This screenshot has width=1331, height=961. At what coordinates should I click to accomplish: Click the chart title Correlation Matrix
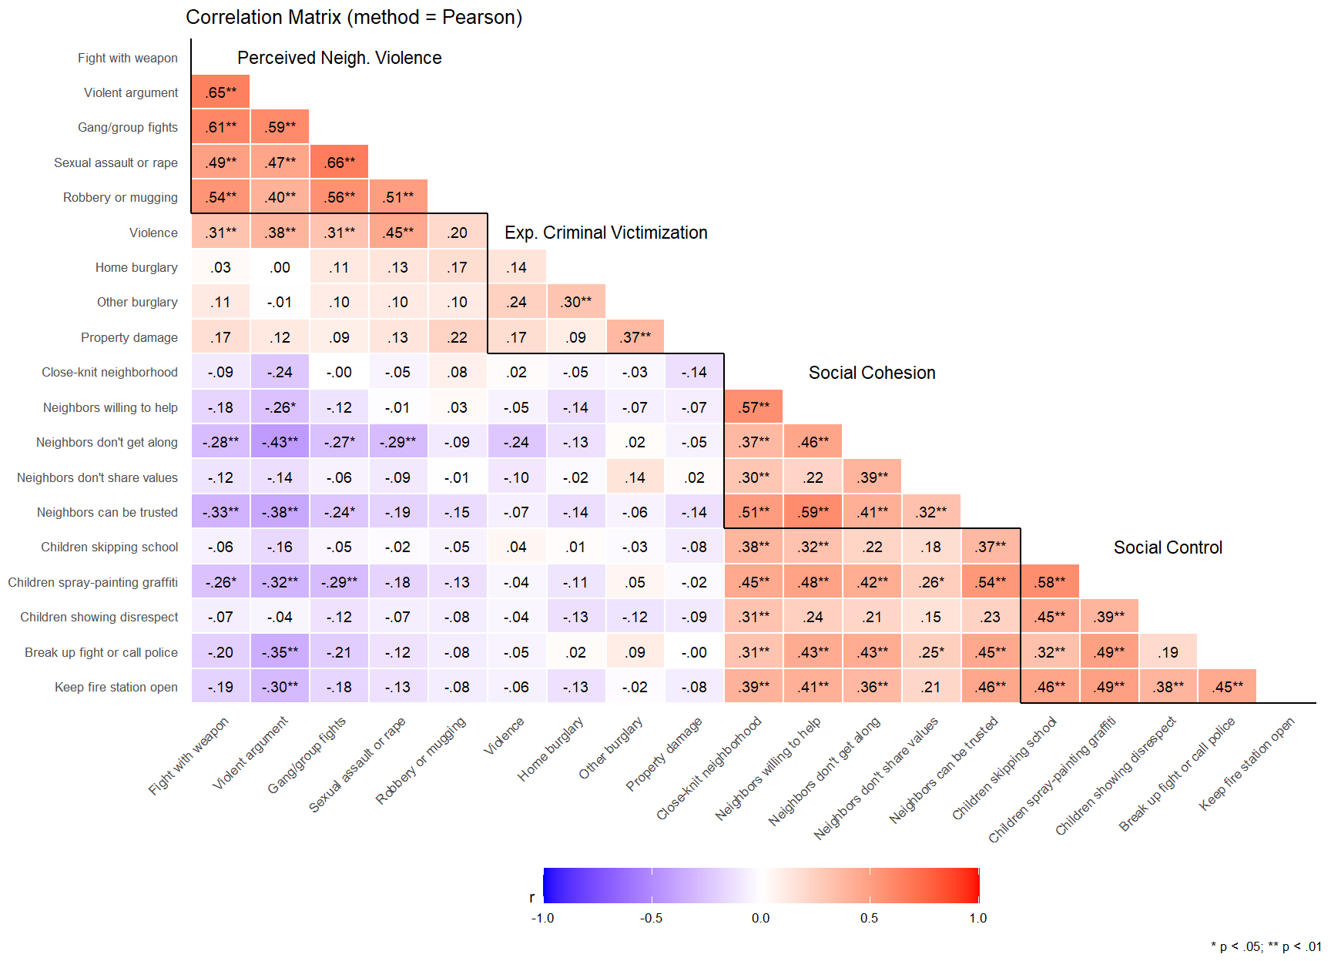point(354,17)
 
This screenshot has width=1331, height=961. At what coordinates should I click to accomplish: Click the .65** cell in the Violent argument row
point(220,92)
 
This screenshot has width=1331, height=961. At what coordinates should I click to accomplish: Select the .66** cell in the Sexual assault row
point(339,162)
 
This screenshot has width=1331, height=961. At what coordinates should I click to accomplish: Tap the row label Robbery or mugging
point(120,198)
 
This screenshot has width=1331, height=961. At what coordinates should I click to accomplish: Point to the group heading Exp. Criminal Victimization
point(605,233)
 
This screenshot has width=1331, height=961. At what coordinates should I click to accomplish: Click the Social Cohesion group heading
point(871,373)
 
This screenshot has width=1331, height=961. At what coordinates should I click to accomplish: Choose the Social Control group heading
point(1167,547)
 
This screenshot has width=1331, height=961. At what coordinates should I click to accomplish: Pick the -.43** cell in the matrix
point(280,443)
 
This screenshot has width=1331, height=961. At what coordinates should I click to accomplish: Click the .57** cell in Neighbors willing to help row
point(753,407)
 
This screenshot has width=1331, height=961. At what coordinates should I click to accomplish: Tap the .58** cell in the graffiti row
point(1049,582)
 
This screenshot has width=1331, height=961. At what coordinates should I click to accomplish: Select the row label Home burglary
point(136,268)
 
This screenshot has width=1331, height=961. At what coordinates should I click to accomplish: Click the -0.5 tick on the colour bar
point(652,918)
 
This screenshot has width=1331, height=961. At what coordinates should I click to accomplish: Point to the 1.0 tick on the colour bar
point(977,918)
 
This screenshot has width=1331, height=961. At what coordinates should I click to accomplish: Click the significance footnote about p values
point(1265,946)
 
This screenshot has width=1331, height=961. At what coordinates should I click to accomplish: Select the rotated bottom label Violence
point(504,736)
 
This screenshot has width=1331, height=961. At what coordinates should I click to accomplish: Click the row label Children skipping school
point(109,547)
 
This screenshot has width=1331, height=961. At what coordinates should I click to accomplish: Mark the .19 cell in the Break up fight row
point(1168,652)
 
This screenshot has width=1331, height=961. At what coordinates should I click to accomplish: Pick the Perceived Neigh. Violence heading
point(339,58)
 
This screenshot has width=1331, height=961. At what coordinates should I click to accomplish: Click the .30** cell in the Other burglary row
point(575,303)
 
